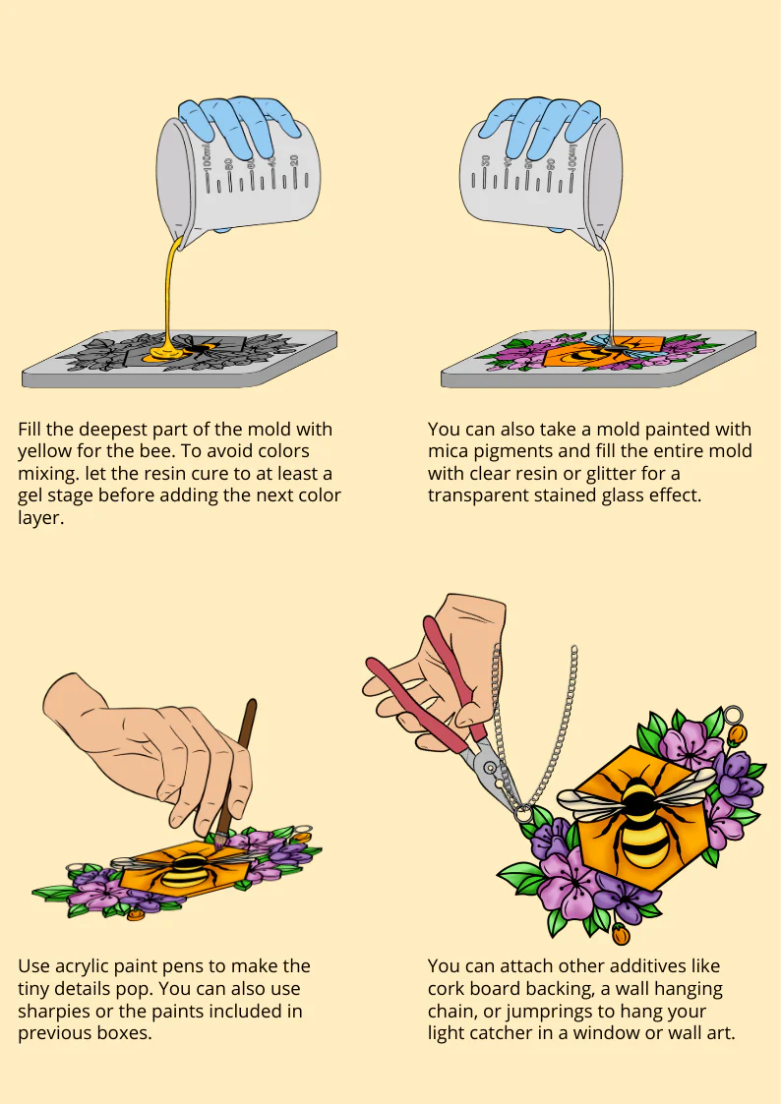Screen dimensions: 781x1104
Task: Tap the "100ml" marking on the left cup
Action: coord(207,159)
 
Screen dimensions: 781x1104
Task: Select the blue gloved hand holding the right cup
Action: coord(541,123)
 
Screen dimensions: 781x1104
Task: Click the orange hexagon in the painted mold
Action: coord(603,353)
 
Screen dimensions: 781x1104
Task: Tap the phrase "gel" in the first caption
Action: coord(32,496)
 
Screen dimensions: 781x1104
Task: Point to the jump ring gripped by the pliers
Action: coord(522,814)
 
